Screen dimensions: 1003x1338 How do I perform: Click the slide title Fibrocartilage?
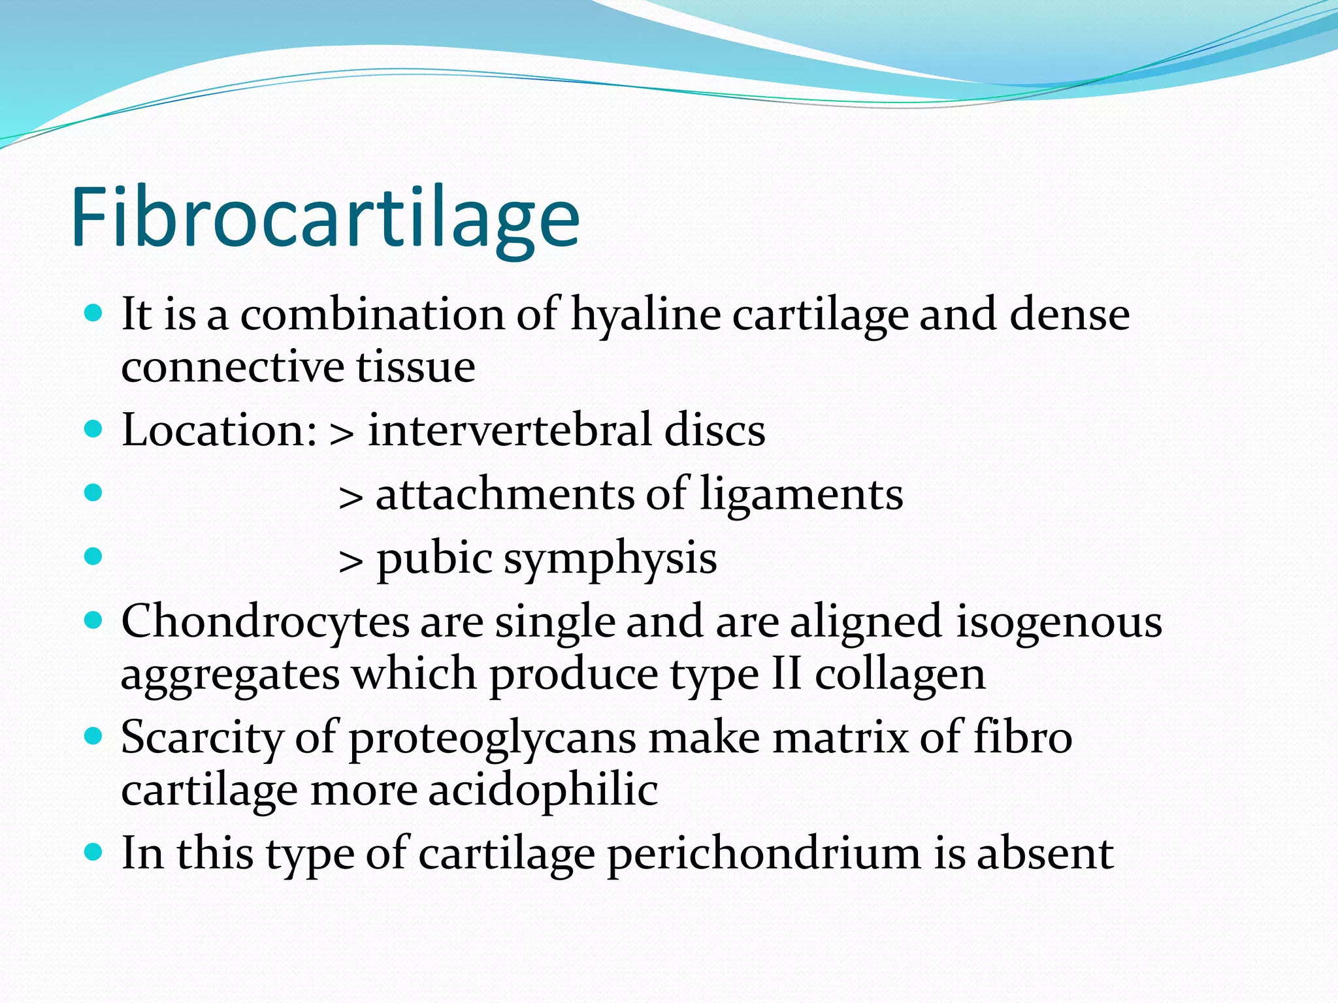[x=325, y=217]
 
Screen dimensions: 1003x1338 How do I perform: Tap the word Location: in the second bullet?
[x=220, y=430]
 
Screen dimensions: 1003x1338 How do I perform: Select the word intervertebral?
[x=510, y=430]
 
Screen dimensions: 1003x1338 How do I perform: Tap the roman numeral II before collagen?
[x=786, y=674]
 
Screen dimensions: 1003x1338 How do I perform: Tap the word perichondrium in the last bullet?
[x=764, y=854]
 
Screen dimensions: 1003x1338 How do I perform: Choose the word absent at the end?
[x=1045, y=853]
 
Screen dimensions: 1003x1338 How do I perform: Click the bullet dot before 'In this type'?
[x=94, y=852]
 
